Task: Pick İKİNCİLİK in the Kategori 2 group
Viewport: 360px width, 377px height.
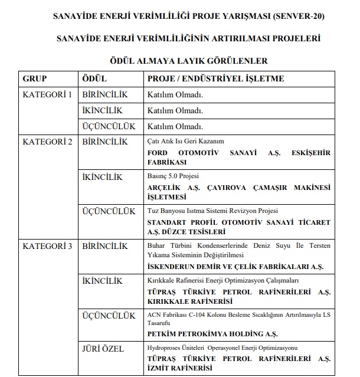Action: coord(101,177)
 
